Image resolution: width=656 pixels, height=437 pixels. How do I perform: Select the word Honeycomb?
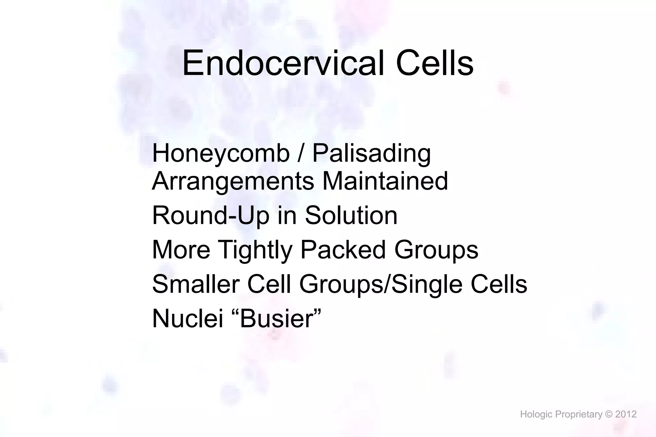click(221, 154)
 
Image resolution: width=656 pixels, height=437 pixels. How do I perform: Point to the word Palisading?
click(371, 154)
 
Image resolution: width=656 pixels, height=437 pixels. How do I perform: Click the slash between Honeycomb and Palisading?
click(300, 154)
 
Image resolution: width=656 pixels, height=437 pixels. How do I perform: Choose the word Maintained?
click(385, 181)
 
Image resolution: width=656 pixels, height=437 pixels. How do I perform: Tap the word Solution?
click(351, 215)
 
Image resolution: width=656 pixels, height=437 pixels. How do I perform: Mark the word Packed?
click(343, 250)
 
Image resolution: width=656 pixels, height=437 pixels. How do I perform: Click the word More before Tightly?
click(181, 250)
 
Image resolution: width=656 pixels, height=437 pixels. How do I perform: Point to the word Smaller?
click(196, 284)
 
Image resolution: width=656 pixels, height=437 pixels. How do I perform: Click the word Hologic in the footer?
click(536, 415)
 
